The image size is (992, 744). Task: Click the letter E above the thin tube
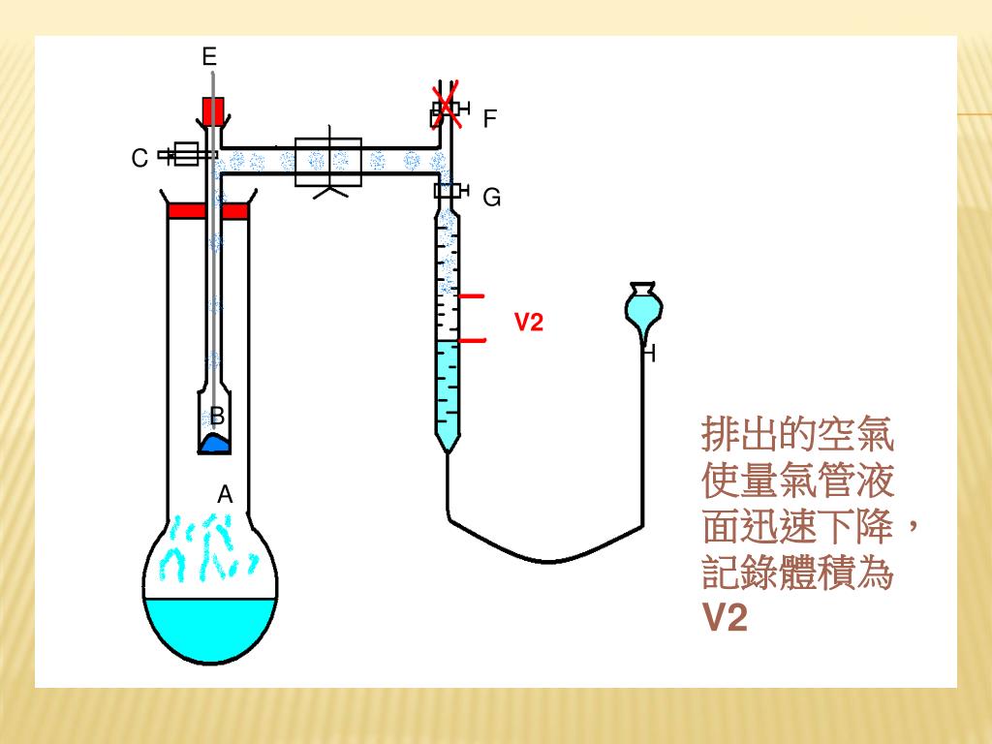click(x=209, y=57)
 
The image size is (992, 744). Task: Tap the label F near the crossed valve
click(x=490, y=119)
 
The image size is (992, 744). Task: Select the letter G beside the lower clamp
click(x=492, y=199)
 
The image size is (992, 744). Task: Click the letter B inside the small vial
click(x=218, y=417)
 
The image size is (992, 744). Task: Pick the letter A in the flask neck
click(x=225, y=495)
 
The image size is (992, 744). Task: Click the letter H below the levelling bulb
click(x=649, y=355)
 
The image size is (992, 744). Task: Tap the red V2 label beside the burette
click(x=528, y=323)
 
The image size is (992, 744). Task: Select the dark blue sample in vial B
click(x=215, y=444)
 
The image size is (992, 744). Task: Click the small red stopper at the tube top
click(x=213, y=109)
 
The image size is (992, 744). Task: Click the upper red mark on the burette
click(x=472, y=295)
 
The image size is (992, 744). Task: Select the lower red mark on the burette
click(x=472, y=341)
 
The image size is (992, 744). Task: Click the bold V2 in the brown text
click(x=725, y=617)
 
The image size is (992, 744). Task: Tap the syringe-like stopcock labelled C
click(x=186, y=154)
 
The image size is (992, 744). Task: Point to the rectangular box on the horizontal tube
click(x=328, y=162)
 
